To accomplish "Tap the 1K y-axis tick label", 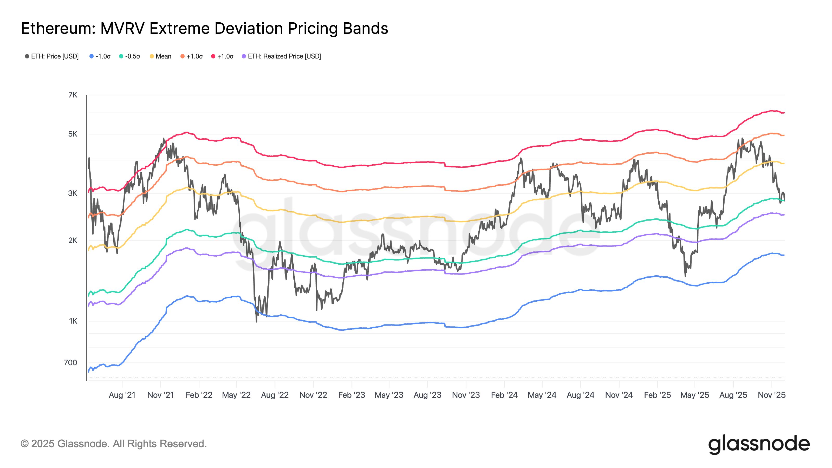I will [x=73, y=321].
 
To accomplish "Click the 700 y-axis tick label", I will [x=70, y=363].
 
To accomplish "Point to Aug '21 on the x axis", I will [x=122, y=395].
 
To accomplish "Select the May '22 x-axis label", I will [x=236, y=395].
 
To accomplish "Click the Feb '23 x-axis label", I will [x=352, y=395].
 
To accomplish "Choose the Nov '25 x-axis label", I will [x=772, y=395].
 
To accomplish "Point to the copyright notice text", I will [x=114, y=444].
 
